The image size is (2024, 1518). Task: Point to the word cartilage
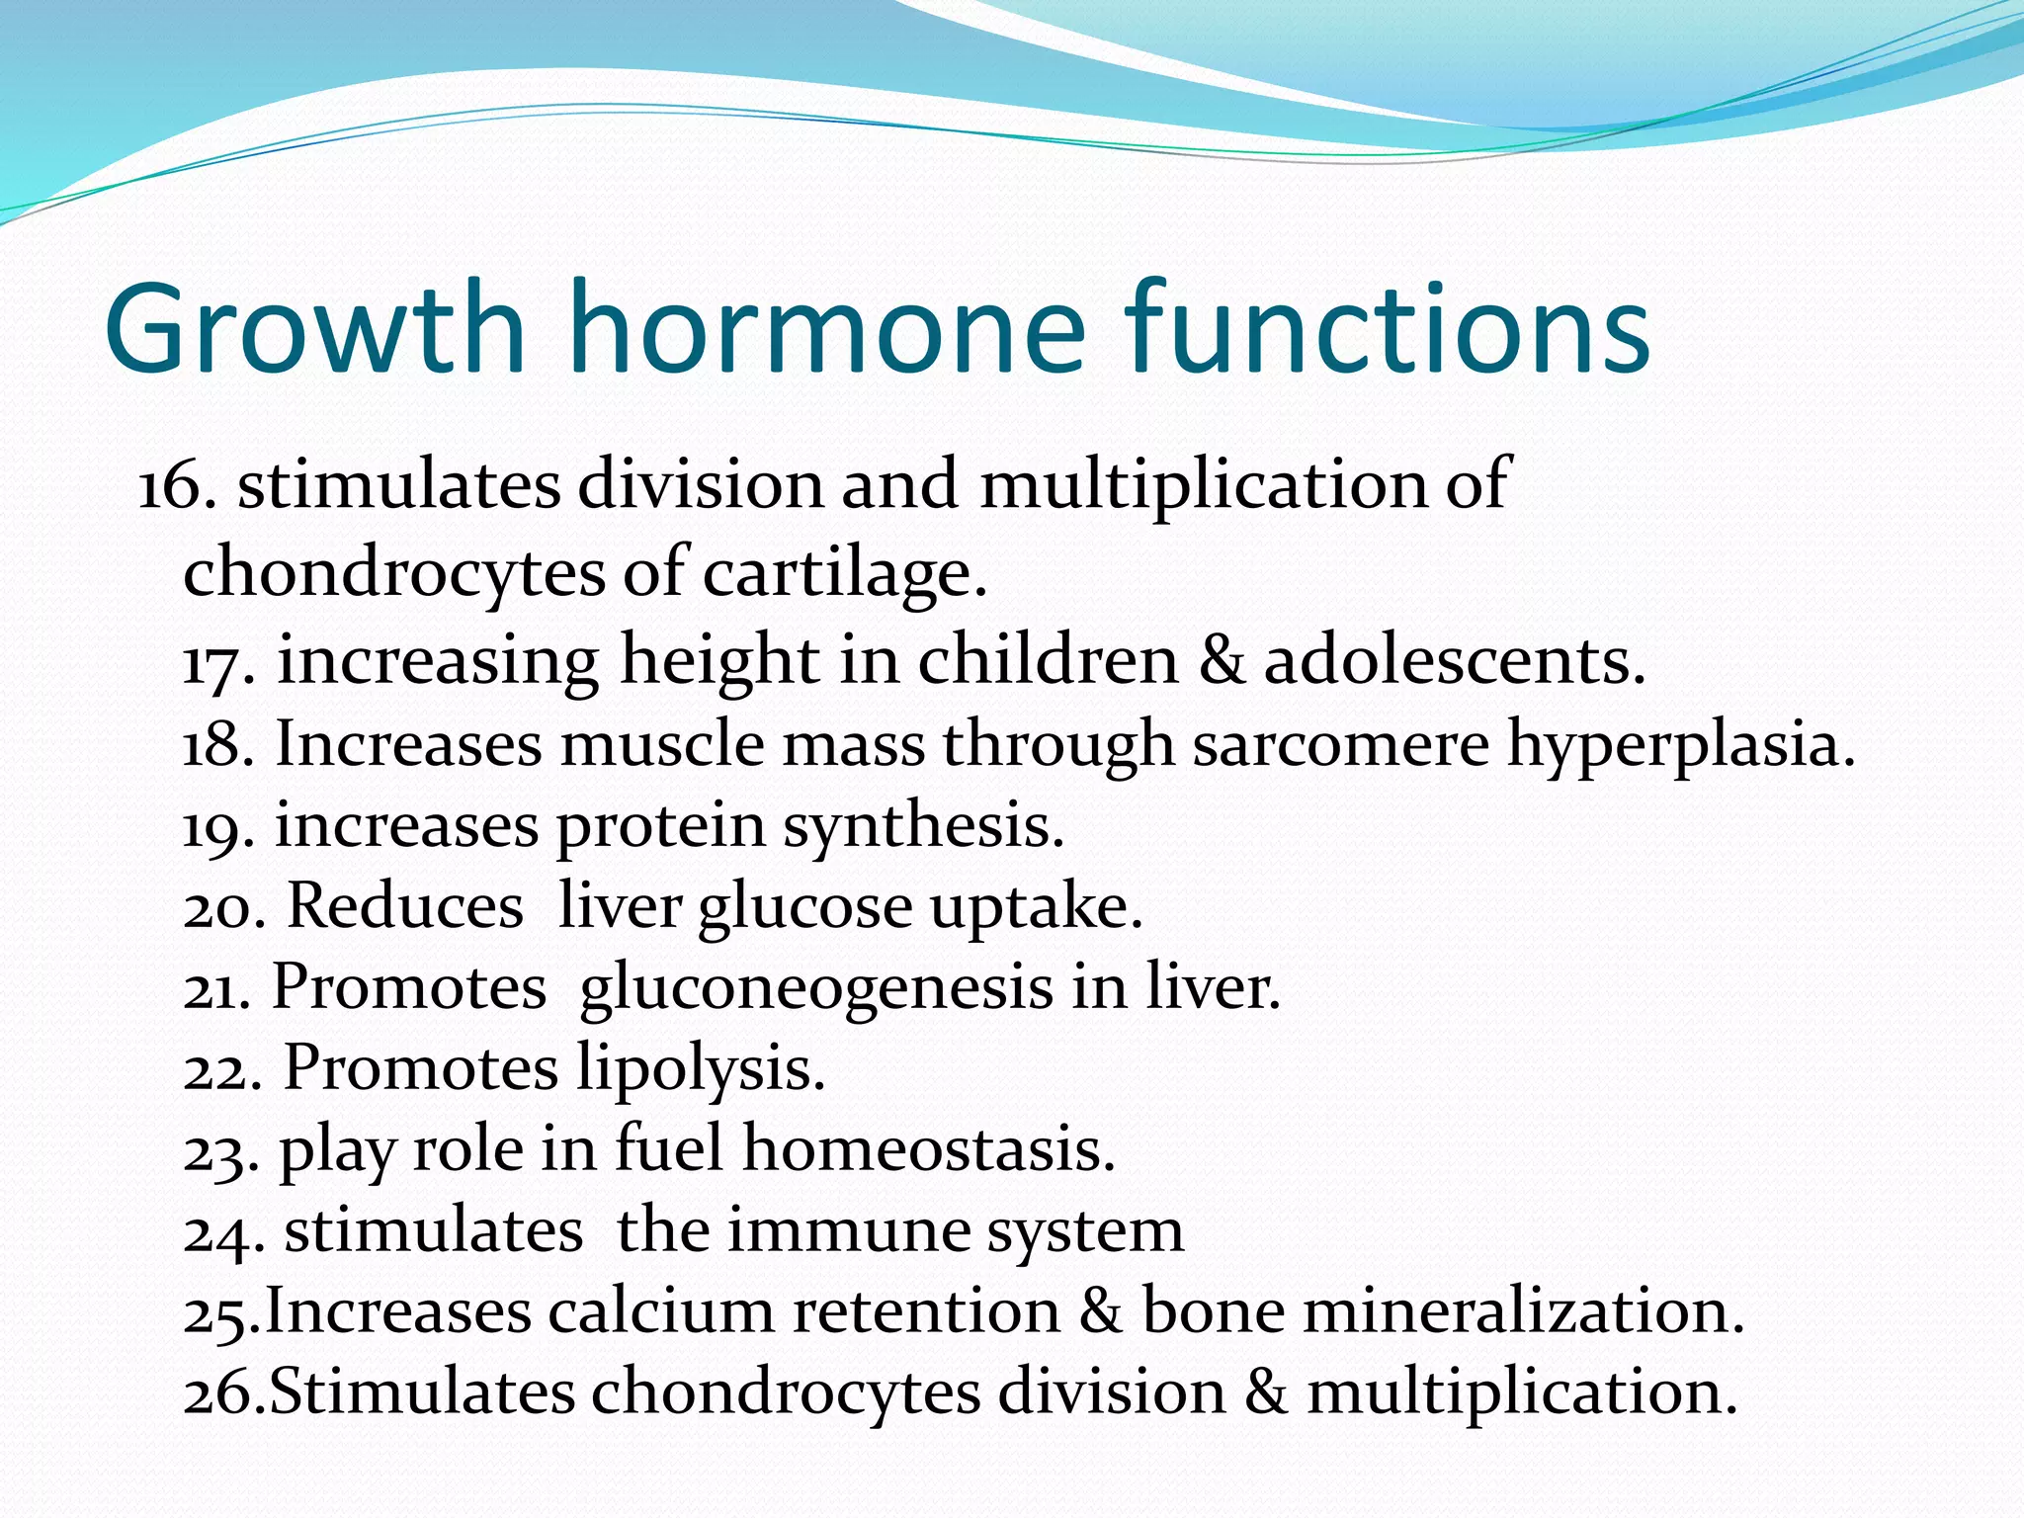point(844,573)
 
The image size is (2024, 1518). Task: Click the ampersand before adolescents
point(1222,660)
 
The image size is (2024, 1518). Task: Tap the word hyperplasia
point(1680,743)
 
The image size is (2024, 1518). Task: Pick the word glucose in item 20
point(804,907)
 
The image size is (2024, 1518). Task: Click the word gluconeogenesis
point(816,988)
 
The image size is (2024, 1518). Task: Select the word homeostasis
point(928,1150)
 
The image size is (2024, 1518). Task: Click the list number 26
point(221,1393)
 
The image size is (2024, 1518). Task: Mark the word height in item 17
point(718,660)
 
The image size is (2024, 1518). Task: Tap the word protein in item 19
point(661,826)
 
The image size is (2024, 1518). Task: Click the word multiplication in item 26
point(1521,1393)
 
